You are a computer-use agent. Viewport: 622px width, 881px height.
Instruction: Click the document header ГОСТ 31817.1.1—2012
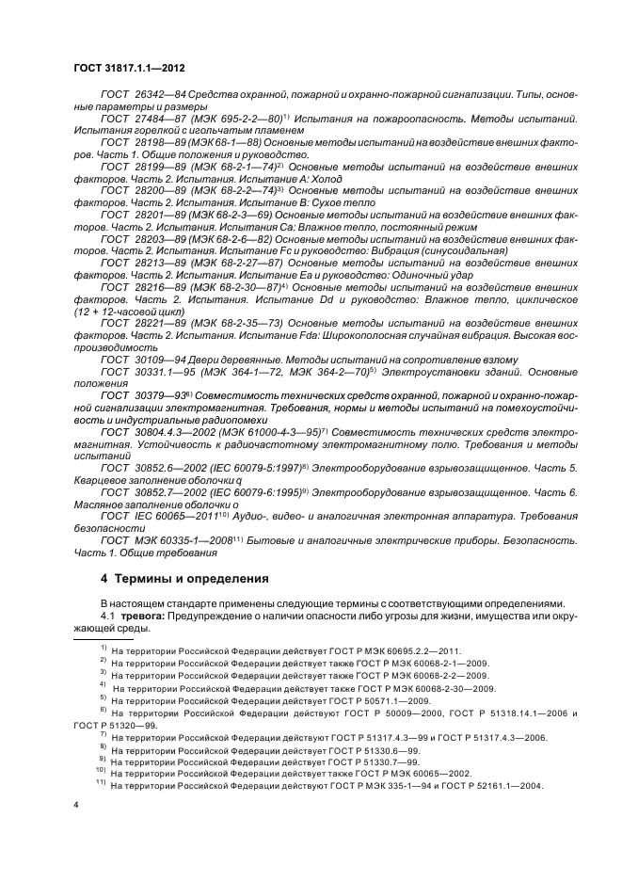(x=135, y=68)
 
